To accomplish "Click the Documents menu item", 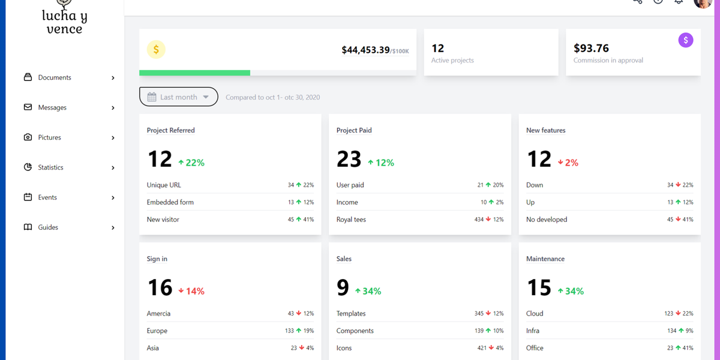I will tap(54, 77).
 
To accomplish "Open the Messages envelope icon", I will tap(28, 107).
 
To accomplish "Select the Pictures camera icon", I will tap(28, 137).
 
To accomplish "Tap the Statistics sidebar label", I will tap(50, 167).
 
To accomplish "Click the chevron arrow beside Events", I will tap(113, 197).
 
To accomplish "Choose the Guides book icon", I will tap(28, 227).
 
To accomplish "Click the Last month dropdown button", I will tap(178, 97).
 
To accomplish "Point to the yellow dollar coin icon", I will tap(156, 50).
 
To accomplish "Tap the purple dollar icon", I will tap(685, 40).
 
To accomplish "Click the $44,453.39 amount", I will tap(365, 50).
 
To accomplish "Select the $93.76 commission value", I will tap(591, 48).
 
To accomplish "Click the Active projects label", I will tap(452, 61).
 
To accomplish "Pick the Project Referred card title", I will tap(170, 130).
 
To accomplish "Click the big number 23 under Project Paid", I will tap(349, 160).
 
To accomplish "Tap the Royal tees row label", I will tap(351, 220).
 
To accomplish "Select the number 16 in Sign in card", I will tap(160, 288).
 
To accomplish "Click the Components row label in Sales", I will tap(355, 331).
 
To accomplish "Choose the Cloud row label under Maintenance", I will tap(535, 313).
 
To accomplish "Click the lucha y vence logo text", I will tap(64, 22).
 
